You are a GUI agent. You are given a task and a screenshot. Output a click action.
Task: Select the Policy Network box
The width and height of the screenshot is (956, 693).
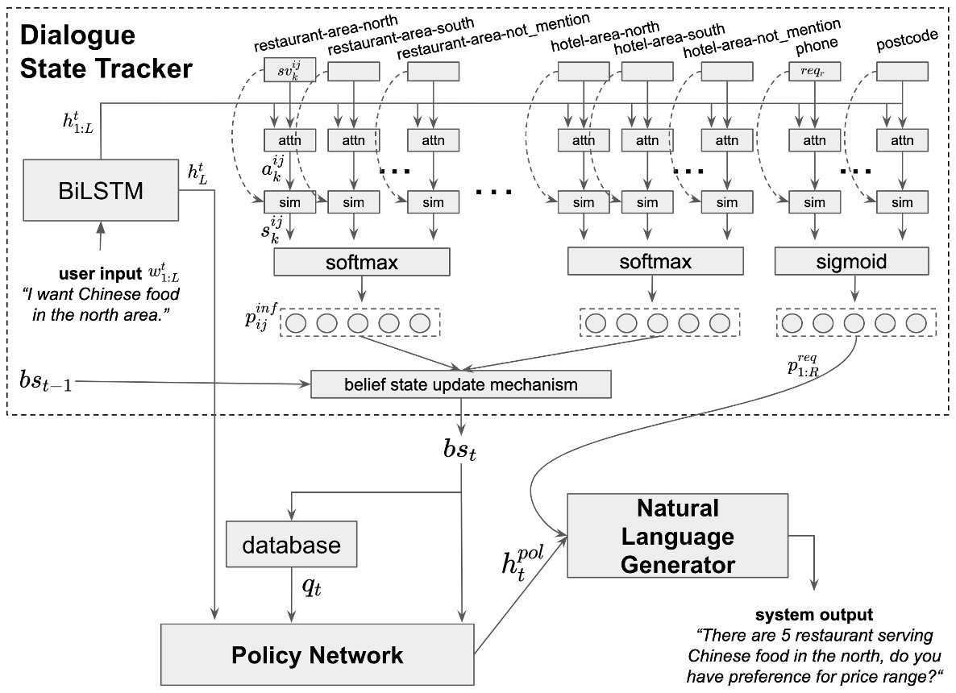317,654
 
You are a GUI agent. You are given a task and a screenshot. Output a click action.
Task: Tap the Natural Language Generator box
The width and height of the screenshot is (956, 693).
677,536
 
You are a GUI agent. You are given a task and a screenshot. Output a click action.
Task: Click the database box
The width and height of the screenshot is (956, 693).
292,545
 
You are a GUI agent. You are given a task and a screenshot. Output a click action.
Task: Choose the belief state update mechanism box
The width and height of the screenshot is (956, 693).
460,384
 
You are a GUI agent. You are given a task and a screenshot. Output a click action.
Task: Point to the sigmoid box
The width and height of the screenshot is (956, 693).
851,262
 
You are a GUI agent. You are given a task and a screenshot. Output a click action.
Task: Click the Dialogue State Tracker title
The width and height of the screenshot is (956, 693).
105,52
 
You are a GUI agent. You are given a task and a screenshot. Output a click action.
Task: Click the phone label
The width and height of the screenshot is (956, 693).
816,44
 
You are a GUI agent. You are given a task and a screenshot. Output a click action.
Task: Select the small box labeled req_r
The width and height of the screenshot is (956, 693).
814,71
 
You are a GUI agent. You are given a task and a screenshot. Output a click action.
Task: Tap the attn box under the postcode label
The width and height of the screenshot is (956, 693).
900,140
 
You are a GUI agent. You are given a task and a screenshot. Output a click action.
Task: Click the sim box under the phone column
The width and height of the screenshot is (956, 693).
814,202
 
